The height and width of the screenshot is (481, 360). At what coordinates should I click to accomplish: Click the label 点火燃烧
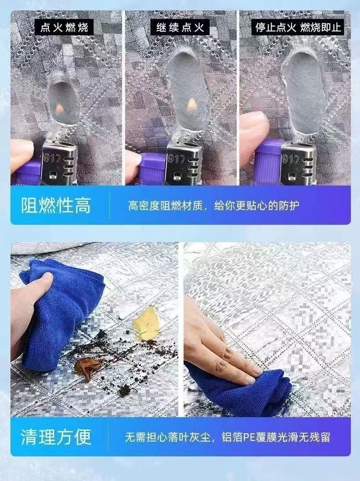[64, 28]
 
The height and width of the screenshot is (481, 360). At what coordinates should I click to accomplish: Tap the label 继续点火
[180, 28]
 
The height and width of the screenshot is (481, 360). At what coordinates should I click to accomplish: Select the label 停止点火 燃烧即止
[298, 27]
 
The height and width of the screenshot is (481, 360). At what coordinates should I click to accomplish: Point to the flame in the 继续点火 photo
[192, 104]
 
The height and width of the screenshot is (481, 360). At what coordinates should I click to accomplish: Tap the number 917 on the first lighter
[52, 158]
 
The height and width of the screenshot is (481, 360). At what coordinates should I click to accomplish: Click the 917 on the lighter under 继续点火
[177, 158]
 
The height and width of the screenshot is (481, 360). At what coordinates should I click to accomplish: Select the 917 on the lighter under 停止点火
[290, 159]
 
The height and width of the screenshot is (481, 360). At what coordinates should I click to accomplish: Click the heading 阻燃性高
[56, 206]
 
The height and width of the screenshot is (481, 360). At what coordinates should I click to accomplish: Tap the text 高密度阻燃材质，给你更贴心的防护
[214, 206]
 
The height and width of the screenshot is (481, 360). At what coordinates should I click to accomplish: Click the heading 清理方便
[56, 437]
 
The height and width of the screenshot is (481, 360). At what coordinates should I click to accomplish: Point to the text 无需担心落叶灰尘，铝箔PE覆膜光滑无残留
[227, 437]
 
